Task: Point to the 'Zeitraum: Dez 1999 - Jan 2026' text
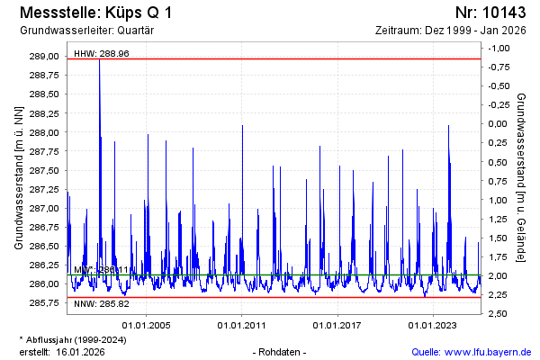pyautogui.click(x=454, y=30)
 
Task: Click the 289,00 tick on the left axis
pyautogui.click(x=45, y=57)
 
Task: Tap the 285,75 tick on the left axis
pyautogui.click(x=45, y=303)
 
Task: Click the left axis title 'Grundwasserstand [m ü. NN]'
pyautogui.click(x=18, y=177)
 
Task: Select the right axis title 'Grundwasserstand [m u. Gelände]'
pyautogui.click(x=522, y=177)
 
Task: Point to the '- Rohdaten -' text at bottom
pyautogui.click(x=281, y=351)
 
